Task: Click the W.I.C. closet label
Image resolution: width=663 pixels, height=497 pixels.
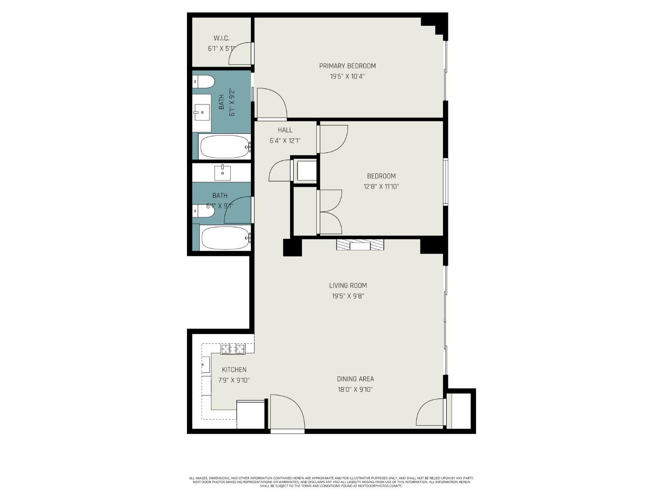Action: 221,38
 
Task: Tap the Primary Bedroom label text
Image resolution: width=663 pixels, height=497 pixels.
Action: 347,66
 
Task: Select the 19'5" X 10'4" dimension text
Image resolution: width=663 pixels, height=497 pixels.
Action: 347,77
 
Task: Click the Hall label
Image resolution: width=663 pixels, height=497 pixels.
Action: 285,130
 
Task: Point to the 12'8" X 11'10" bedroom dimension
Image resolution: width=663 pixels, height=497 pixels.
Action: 381,187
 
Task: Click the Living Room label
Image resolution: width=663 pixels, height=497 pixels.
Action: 348,286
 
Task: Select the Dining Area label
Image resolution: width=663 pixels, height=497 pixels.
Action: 355,379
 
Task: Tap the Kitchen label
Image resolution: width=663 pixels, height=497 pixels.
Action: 234,370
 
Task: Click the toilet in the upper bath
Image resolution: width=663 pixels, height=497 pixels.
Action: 204,82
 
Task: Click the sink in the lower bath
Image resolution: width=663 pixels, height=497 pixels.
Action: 222,173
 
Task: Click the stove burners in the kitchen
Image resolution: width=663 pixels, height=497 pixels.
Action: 233,349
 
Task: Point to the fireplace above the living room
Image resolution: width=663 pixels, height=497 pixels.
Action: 360,245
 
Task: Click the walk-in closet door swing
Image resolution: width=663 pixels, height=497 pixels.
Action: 241,53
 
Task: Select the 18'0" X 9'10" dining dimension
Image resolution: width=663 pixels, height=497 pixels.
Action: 355,390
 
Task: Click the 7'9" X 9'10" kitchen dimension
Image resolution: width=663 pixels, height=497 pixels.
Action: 234,381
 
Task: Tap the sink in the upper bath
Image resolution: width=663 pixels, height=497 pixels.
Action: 202,112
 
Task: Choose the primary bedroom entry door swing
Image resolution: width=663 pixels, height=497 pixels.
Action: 272,104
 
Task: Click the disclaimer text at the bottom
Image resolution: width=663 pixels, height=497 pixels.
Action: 331,482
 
